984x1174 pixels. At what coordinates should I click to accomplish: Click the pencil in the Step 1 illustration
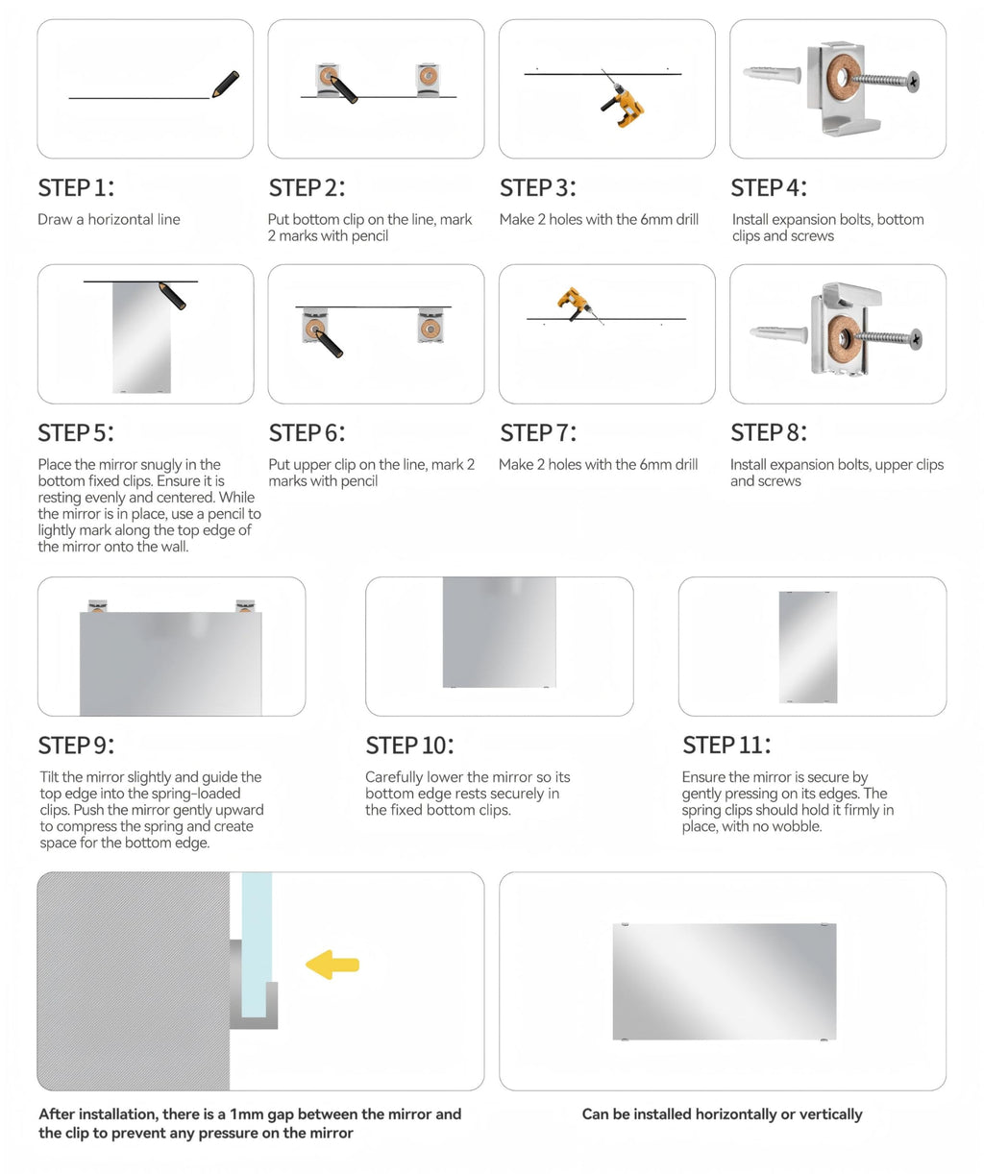(225, 85)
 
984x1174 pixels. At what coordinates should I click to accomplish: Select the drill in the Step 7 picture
(575, 303)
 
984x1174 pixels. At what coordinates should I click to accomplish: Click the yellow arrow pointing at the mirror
(332, 964)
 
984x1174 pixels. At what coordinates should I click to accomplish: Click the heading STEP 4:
(768, 187)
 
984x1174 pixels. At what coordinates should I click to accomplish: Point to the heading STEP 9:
(76, 746)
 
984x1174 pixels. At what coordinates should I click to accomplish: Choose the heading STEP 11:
(726, 746)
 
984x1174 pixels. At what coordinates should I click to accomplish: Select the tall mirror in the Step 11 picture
(807, 647)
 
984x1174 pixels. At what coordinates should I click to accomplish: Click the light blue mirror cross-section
(257, 942)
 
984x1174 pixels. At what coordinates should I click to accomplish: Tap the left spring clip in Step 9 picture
(97, 606)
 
